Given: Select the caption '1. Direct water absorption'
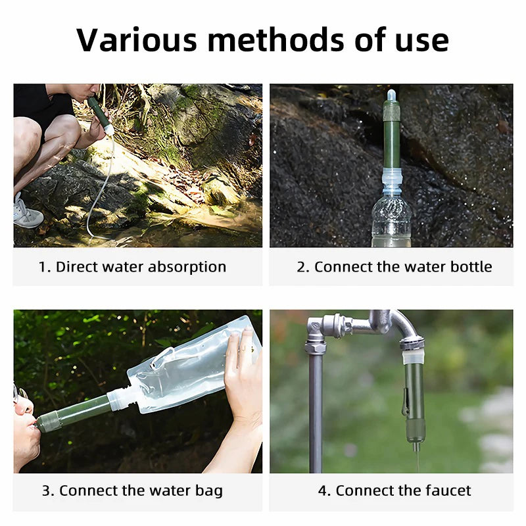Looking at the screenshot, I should (x=132, y=267).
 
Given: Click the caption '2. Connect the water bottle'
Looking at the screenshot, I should (x=394, y=267).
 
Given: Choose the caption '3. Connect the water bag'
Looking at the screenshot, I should (x=132, y=490).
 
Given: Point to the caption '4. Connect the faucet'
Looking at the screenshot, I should (x=394, y=490).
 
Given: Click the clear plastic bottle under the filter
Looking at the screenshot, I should (x=391, y=220).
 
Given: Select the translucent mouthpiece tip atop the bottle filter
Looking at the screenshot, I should (x=391, y=95).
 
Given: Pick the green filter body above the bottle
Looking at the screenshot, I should (x=392, y=141).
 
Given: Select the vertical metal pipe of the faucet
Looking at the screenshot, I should (x=316, y=408).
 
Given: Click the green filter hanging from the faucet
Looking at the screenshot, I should (x=414, y=401).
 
